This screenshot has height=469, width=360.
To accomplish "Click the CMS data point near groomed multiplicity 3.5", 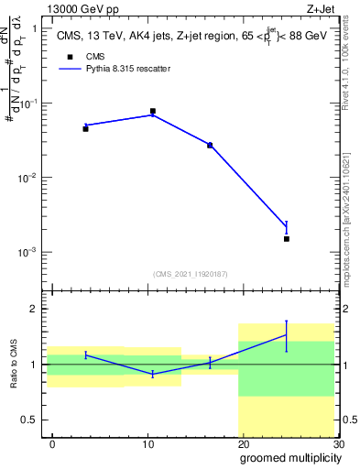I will pos(85,128).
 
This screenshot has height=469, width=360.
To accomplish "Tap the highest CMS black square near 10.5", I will pos(152,111).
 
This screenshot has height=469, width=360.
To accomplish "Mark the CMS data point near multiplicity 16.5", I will pos(210,145).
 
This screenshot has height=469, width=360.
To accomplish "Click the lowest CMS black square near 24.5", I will pos(286,238).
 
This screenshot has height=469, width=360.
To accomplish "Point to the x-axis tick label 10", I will pos(147,443).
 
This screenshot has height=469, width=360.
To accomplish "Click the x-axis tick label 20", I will pos(243,443).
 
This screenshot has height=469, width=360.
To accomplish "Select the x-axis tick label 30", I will pos(338,443).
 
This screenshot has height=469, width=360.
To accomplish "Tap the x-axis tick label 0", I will pos(52,443).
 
